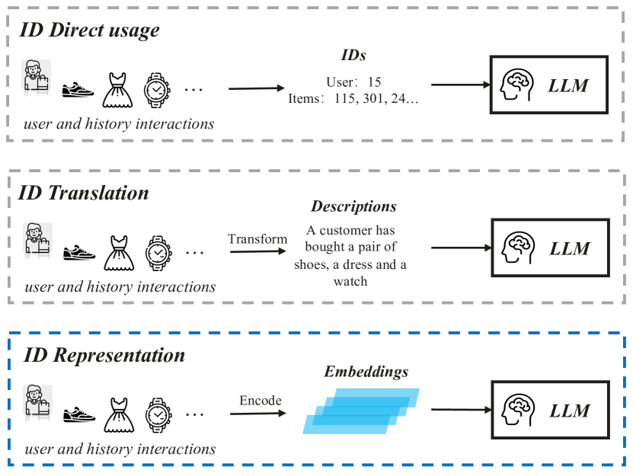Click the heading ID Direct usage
[90, 30]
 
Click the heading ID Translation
[84, 193]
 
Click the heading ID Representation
[104, 356]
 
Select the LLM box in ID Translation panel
[550, 248]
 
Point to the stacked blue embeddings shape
[360, 411]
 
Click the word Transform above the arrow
[257, 239]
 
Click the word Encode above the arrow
[261, 401]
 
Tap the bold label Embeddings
[366, 372]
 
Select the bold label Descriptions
[353, 207]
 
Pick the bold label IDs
[353, 56]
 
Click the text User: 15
[353, 81]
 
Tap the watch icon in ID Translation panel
[158, 251]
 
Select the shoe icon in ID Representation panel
[78, 414]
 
